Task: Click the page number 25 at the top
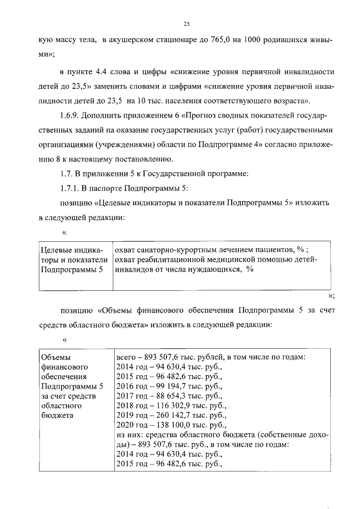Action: point(186,22)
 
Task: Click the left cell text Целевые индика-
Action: point(71,249)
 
